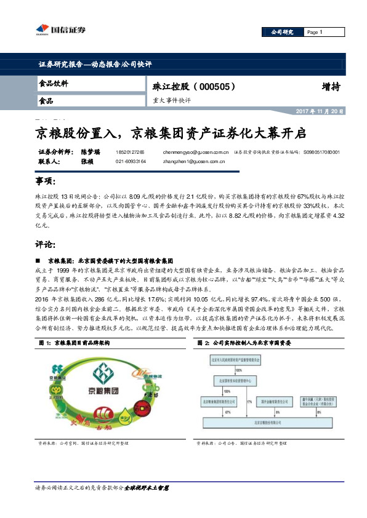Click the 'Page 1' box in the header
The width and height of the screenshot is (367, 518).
(320, 32)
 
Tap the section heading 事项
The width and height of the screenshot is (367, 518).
(46, 182)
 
